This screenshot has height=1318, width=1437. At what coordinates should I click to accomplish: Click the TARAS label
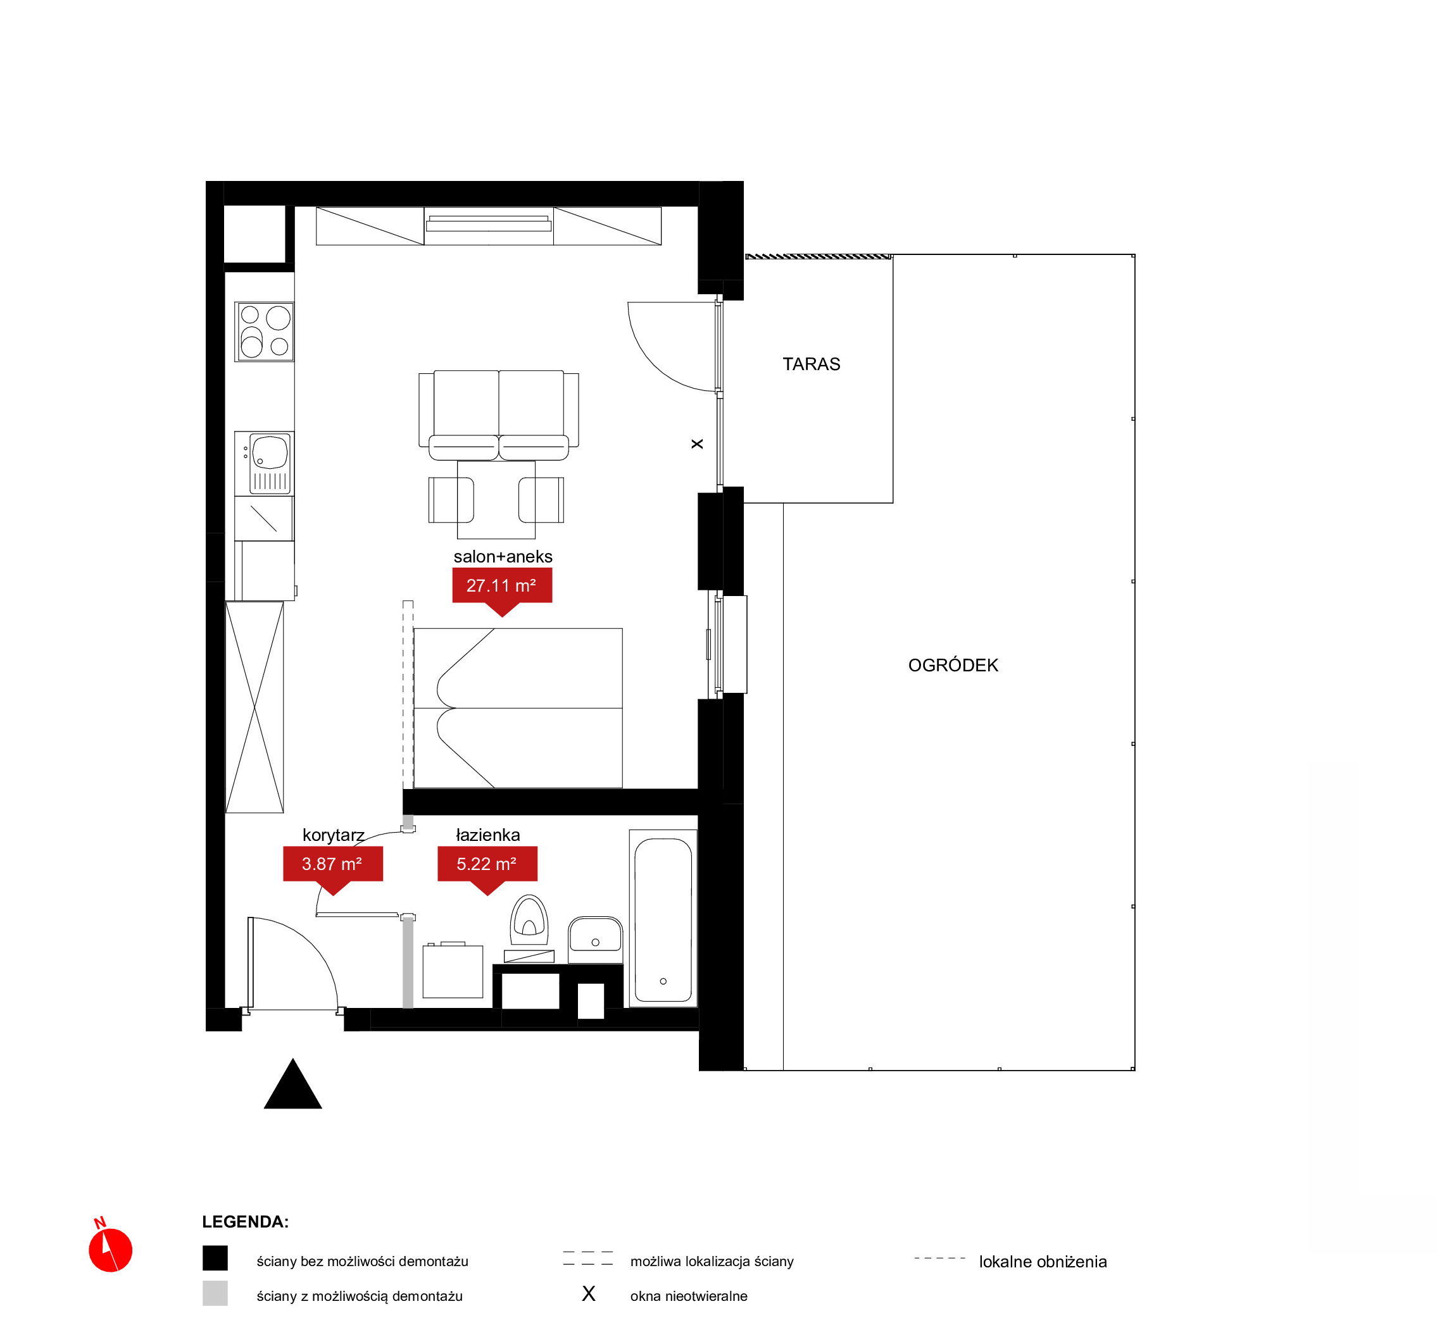[812, 364]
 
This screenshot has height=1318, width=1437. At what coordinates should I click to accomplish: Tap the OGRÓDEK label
[953, 666]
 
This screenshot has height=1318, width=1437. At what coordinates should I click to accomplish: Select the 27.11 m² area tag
[501, 591]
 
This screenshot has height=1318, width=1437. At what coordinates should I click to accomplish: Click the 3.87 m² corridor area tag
[332, 870]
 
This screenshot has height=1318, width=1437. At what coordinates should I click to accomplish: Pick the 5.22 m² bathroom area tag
[487, 870]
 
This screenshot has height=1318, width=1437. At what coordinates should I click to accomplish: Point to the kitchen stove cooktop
[265, 332]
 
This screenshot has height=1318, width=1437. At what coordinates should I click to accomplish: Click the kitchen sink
[264, 464]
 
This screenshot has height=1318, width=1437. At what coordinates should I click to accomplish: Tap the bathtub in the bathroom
[663, 919]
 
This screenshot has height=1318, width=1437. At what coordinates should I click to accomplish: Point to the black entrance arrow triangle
[292, 1083]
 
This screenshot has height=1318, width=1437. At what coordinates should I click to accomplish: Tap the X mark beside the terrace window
[697, 444]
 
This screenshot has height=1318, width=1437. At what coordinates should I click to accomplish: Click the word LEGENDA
[245, 1222]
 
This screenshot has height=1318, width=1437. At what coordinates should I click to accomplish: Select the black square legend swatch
[215, 1258]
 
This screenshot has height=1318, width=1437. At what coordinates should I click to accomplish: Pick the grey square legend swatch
[215, 1293]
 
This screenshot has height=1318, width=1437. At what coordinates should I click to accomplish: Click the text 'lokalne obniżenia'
[1043, 1262]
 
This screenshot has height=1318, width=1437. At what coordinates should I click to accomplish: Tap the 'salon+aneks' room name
[503, 556]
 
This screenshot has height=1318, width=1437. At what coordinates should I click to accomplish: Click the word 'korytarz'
[333, 835]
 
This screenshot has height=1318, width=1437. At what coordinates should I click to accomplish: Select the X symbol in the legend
[589, 1294]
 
